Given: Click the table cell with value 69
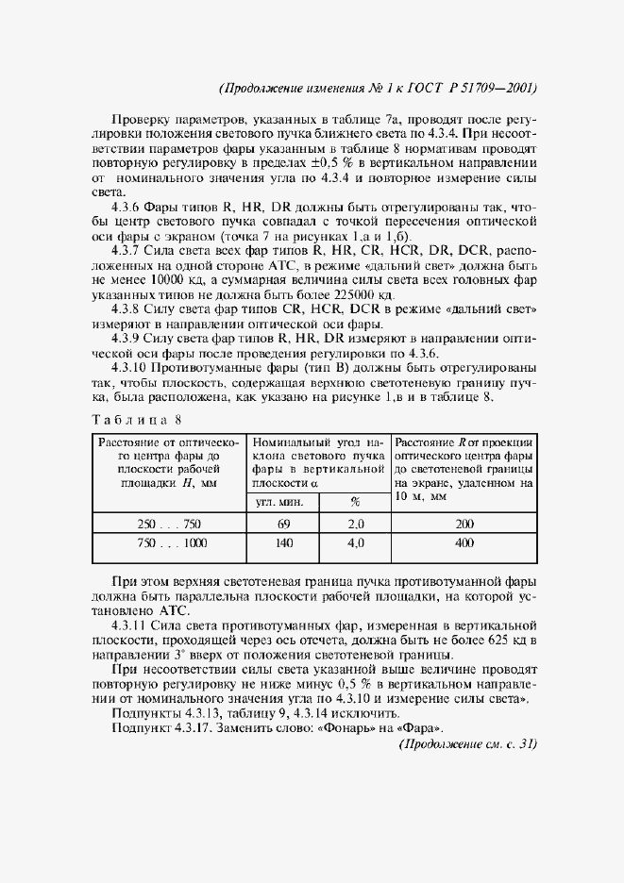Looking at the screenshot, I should [282, 524].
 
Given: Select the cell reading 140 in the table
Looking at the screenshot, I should [282, 544].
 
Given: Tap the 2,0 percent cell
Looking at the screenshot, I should [356, 524].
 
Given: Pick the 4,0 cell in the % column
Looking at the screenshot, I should [356, 544].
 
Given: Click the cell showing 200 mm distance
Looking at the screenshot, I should [464, 524].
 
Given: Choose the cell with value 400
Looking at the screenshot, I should [464, 544].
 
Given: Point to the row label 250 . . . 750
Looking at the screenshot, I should [168, 524].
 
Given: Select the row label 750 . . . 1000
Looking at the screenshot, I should [168, 544].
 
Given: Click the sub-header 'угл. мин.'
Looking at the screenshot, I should [282, 502].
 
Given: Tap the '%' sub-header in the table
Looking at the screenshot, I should [356, 502].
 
